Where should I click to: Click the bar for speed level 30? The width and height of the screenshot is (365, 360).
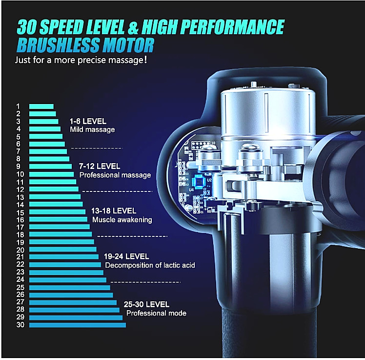[x=77, y=325]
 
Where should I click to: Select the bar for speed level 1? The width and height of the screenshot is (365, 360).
[x=41, y=106]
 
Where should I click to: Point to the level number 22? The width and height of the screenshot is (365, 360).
[x=20, y=265]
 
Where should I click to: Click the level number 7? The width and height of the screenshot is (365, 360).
[x=18, y=151]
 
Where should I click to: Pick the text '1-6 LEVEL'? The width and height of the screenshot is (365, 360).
[x=88, y=121]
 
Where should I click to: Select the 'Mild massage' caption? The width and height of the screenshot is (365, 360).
[x=93, y=129]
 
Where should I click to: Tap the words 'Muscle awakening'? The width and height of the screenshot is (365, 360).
[x=122, y=220]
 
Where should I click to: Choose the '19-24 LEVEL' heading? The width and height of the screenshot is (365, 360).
[x=126, y=256]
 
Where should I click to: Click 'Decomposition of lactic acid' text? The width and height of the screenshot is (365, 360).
[x=150, y=265]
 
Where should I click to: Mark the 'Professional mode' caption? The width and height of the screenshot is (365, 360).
[x=156, y=313]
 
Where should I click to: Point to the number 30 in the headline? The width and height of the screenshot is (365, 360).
[x=29, y=26]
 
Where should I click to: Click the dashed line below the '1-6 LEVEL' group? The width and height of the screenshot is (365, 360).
[x=96, y=148]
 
